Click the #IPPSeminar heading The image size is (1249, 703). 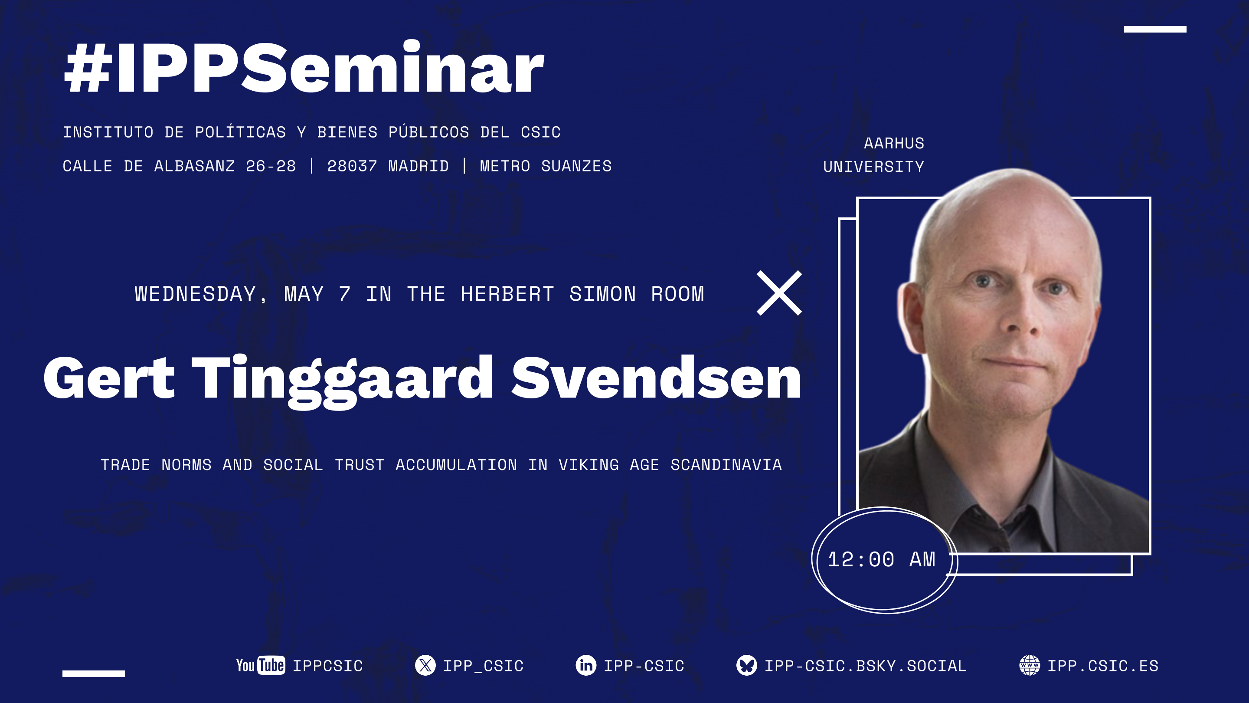pos(304,68)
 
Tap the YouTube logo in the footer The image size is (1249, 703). pos(260,665)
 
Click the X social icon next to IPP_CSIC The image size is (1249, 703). pos(425,665)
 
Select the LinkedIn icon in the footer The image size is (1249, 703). pos(586,665)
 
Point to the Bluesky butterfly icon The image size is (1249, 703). pos(746,665)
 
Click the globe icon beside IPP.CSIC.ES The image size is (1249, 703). pos(1030,665)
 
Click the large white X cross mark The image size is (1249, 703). pos(779,293)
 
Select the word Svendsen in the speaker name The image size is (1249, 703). pos(656,378)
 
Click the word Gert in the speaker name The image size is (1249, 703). pos(108,378)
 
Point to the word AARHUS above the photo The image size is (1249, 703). pos(893,144)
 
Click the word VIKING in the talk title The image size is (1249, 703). pos(589,465)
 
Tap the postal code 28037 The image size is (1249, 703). pos(352,166)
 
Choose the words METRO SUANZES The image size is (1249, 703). pos(546,166)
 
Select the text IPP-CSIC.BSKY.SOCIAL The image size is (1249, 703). pos(865,666)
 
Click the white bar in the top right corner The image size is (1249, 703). pos(1154,29)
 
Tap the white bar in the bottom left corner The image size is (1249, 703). pos(94,673)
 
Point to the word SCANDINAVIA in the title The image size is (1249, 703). pos(726,465)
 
